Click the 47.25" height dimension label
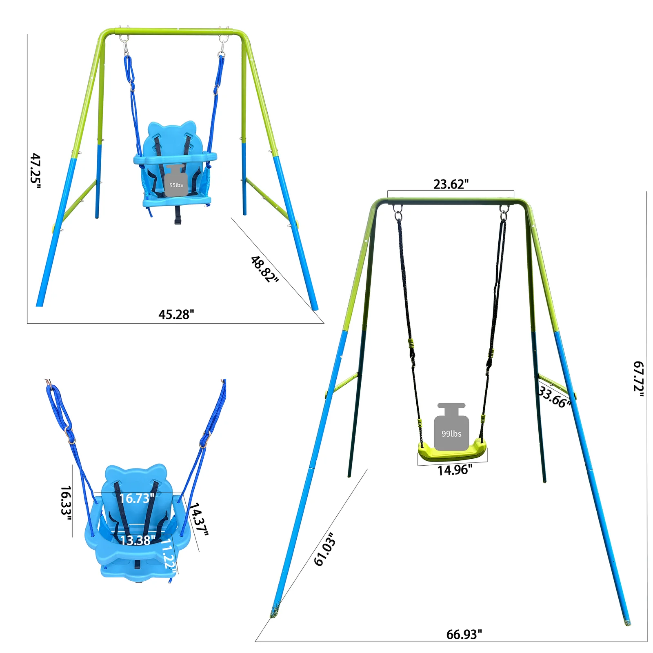[x=36, y=171]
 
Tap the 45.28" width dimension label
[x=176, y=314]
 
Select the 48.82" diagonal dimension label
[x=264, y=269]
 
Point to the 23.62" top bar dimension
[x=451, y=184]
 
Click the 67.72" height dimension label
[x=638, y=379]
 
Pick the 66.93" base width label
[x=464, y=634]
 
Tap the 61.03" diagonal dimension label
[x=325, y=549]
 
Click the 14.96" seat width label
[x=455, y=470]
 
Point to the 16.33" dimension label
[x=66, y=503]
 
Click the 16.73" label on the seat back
[x=136, y=498]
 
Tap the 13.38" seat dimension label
[x=137, y=540]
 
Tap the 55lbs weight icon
[x=176, y=182]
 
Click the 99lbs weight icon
[x=451, y=428]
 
